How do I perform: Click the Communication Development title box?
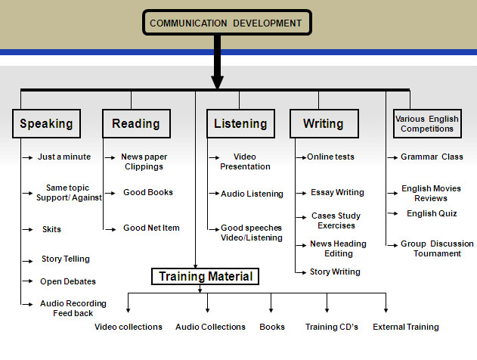[x=225, y=23]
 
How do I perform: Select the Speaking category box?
[x=46, y=123]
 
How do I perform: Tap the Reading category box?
[x=136, y=123]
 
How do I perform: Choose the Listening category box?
[x=240, y=123]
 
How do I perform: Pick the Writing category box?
[x=323, y=123]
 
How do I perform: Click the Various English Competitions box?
[x=427, y=123]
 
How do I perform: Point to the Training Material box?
[x=205, y=277]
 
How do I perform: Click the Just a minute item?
[x=64, y=157]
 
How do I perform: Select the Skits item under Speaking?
[x=52, y=228]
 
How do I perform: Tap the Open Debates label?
[x=68, y=281]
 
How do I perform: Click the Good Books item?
[x=148, y=192]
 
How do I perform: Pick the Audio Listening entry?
[x=252, y=194]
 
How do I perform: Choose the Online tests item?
[x=330, y=157]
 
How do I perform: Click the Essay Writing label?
[x=337, y=192]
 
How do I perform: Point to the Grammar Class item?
[x=432, y=157]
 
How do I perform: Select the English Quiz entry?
[x=432, y=213]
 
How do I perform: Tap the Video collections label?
[x=129, y=327]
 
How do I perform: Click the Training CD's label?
[x=332, y=327]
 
